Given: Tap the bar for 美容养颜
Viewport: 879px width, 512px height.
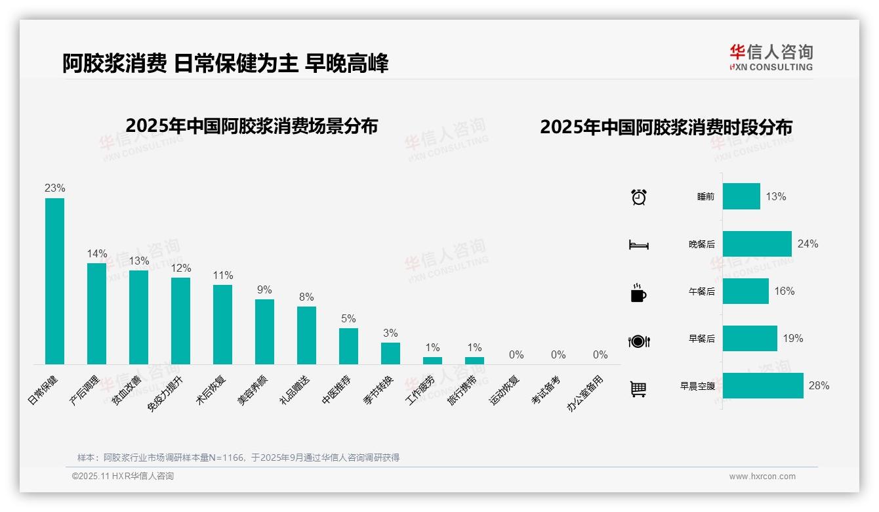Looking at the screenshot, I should (264, 331).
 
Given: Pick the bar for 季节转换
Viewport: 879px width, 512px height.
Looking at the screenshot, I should (390, 353).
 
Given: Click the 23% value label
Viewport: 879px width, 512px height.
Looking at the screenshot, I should (54, 188).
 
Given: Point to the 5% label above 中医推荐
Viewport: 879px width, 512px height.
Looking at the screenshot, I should (348, 319).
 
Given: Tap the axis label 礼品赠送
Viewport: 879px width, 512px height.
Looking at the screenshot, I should (295, 391).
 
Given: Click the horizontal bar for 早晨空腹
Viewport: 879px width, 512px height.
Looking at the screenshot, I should (763, 386).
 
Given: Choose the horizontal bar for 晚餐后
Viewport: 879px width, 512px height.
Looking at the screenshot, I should (757, 244).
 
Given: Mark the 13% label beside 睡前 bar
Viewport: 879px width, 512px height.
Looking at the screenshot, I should (776, 197).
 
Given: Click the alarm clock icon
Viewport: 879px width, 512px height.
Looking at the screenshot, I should (638, 197).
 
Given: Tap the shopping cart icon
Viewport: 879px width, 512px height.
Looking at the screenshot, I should (638, 389).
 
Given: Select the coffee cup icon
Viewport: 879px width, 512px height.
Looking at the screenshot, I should (638, 293).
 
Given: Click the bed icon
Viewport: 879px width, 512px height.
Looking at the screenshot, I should (638, 245).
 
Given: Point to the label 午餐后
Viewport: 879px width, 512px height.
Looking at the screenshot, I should (701, 291).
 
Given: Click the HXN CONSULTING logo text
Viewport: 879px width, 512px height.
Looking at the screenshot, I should (771, 67).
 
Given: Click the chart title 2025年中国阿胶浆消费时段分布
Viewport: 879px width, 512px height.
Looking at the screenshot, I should (666, 127).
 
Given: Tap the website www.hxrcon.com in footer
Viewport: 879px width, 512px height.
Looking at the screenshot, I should (762, 477).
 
